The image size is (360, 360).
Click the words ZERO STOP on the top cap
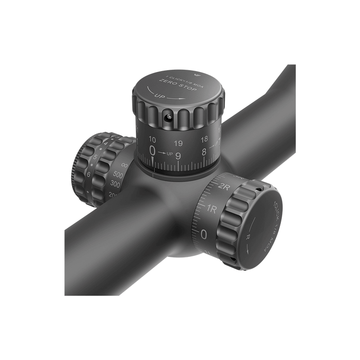click(175, 86)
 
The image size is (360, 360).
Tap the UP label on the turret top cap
click(159, 96)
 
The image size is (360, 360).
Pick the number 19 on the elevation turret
click(178, 144)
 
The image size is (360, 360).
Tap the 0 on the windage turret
click(204, 234)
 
